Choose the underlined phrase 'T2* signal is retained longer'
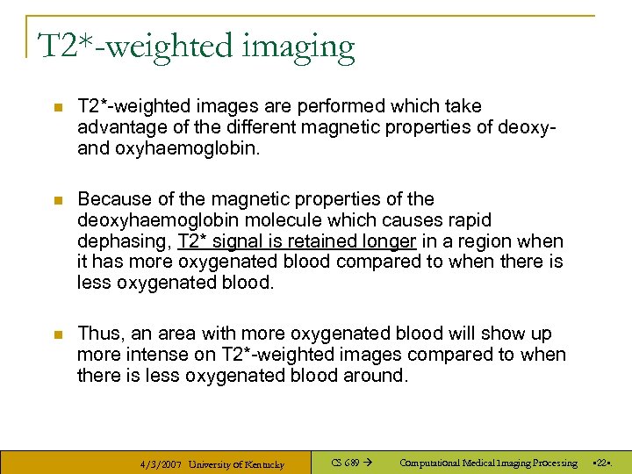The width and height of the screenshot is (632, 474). pos(296,241)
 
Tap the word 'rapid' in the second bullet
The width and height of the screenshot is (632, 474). pos(469,220)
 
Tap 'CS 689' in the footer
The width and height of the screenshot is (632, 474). pos(346,463)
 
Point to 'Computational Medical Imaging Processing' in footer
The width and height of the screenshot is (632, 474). pos(488,463)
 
